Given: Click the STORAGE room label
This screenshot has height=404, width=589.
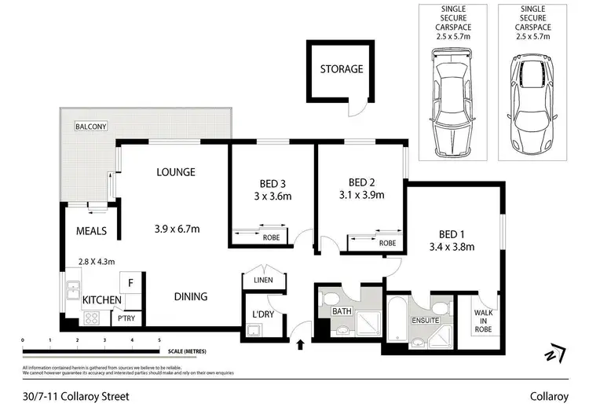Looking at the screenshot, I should click(341, 69).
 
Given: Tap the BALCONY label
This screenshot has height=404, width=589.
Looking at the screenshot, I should click(91, 127).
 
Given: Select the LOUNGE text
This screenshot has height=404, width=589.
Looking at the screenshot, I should click(175, 172).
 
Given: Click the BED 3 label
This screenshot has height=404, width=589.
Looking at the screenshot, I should click(270, 180).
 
